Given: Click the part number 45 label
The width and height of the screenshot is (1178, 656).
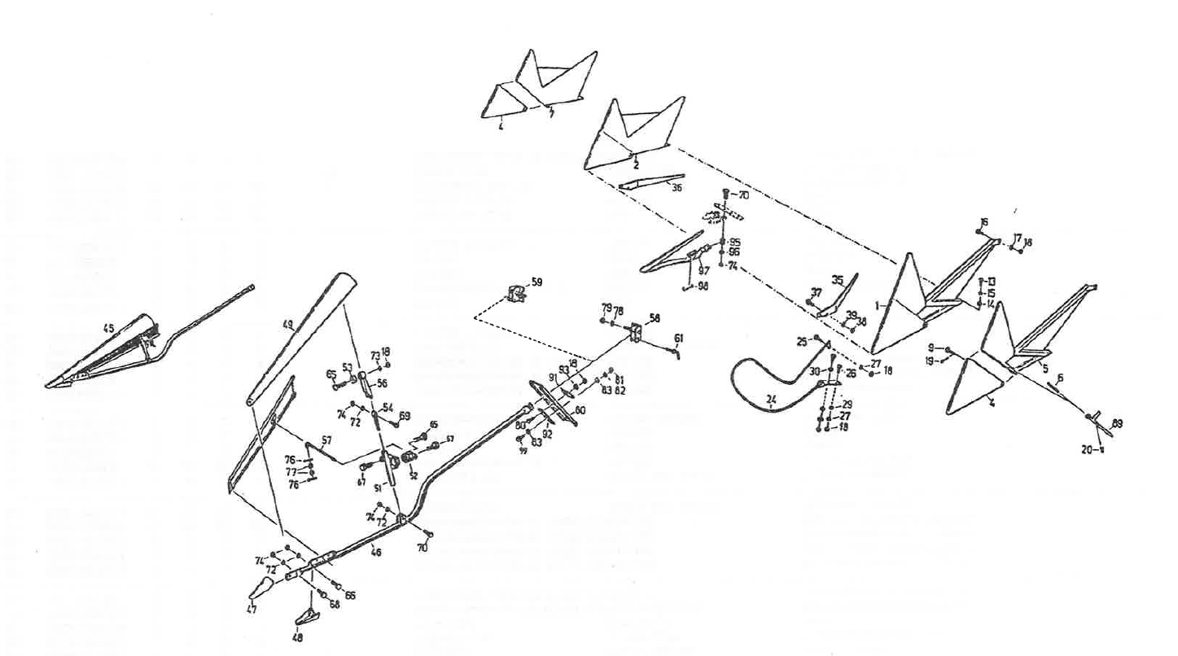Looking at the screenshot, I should (107, 328).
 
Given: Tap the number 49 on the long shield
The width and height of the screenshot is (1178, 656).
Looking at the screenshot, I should (287, 324).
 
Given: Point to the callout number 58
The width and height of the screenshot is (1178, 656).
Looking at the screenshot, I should (655, 317).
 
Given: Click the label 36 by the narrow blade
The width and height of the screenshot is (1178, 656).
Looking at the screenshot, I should (674, 188).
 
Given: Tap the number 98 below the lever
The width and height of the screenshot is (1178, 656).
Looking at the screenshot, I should (703, 286).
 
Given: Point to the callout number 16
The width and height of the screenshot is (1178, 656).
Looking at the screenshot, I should (984, 221).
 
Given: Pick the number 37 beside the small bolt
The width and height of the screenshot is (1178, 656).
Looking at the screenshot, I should (816, 292).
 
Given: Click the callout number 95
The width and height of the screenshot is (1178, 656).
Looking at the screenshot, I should (734, 243).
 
